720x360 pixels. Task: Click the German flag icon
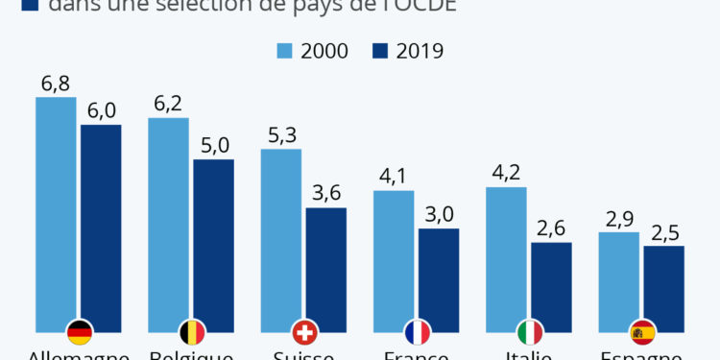[80, 332]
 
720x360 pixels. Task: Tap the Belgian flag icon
[192, 332]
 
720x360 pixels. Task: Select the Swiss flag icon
[304, 332]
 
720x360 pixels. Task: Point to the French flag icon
[417, 332]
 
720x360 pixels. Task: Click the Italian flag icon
[529, 332]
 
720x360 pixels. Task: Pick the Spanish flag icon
[641, 332]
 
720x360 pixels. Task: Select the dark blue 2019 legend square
[382, 51]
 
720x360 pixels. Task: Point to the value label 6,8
[55, 84]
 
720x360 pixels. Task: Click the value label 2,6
[551, 228]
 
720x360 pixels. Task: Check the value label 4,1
[393, 177]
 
